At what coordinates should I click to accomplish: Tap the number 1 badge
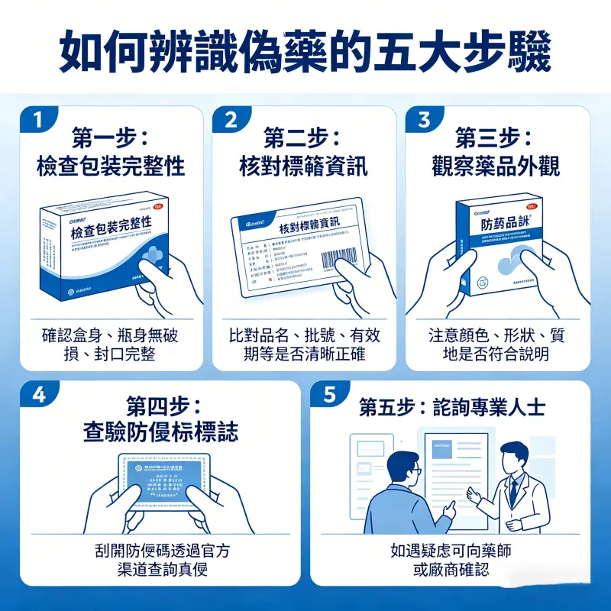pos(38,120)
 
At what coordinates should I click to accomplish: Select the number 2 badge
pos(231,120)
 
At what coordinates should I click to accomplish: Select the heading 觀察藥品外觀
pos(496,166)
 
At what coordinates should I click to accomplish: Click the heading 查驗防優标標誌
pos(160,432)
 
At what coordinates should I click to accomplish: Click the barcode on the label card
pos(339,258)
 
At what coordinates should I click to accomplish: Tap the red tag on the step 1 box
pos(159,205)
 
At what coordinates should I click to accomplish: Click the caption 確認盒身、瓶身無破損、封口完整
pos(111,344)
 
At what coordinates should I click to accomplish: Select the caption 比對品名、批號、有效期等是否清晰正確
pos(303,344)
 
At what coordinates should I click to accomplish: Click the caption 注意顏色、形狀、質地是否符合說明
pos(496,344)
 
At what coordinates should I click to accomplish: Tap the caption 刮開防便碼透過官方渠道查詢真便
pos(160,560)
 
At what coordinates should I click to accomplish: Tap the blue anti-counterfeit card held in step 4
pos(160,480)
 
